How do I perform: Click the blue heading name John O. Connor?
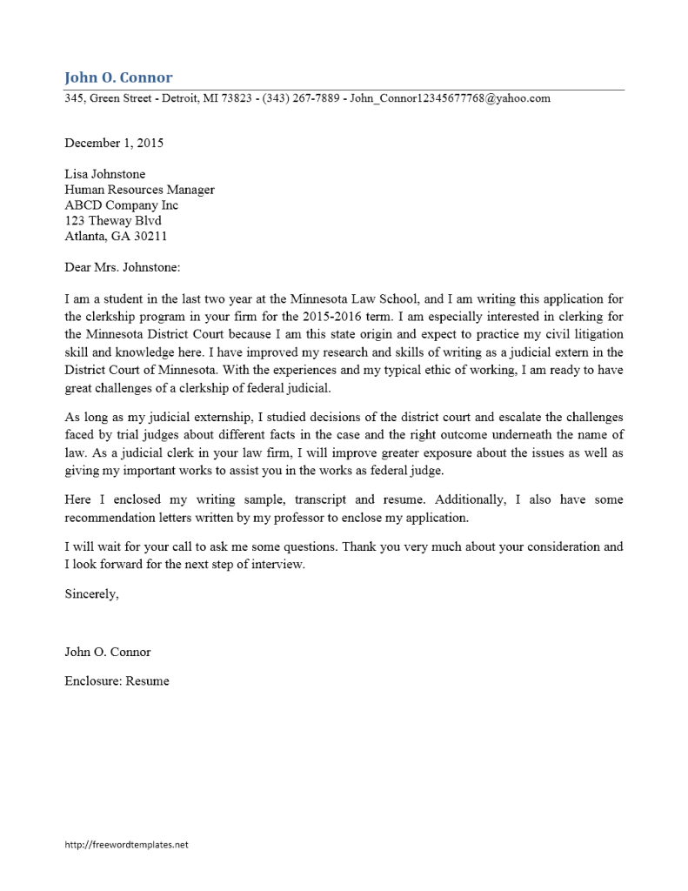(x=118, y=77)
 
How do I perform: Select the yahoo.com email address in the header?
(x=450, y=98)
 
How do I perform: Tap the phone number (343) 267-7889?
(x=301, y=98)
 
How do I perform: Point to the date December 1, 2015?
(x=114, y=143)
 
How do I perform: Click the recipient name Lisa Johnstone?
(x=105, y=174)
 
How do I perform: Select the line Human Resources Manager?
(x=139, y=190)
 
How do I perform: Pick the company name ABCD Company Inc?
(x=121, y=205)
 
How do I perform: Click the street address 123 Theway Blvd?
(x=113, y=221)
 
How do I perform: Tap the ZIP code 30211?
(x=149, y=237)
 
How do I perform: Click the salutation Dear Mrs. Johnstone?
(x=122, y=268)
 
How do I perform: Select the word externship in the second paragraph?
(x=219, y=419)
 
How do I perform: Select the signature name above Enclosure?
(x=108, y=652)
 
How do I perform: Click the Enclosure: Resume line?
(x=117, y=680)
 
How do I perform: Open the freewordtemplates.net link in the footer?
(x=126, y=844)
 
